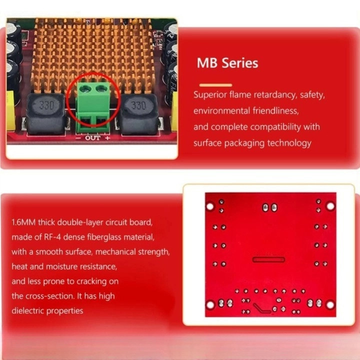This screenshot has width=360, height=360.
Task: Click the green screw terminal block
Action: pyautogui.click(x=93, y=107)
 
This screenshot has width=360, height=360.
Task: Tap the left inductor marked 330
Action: pyautogui.click(x=46, y=114)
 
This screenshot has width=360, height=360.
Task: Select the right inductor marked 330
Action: pyautogui.click(x=139, y=114)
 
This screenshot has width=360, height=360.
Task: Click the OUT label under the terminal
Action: pyautogui.click(x=93, y=138)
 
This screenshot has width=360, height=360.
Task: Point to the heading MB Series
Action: pyautogui.click(x=227, y=63)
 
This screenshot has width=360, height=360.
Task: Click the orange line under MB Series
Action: pyautogui.click(x=215, y=85)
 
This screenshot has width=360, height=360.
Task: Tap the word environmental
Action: pyautogui.click(x=221, y=111)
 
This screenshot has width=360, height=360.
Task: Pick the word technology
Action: pyautogui.click(x=289, y=143)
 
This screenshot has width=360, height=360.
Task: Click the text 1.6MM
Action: pyautogui.click(x=23, y=222)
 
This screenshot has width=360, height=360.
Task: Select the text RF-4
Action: pyautogui.click(x=52, y=237)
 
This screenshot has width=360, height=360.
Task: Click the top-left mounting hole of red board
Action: pyautogui.click(x=210, y=206)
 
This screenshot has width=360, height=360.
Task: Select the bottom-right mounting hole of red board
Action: pyautogui.click(x=330, y=305)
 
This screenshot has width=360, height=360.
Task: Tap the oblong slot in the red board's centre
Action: pyautogui.click(x=268, y=259)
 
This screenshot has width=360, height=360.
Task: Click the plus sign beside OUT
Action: pyautogui.click(x=107, y=138)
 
